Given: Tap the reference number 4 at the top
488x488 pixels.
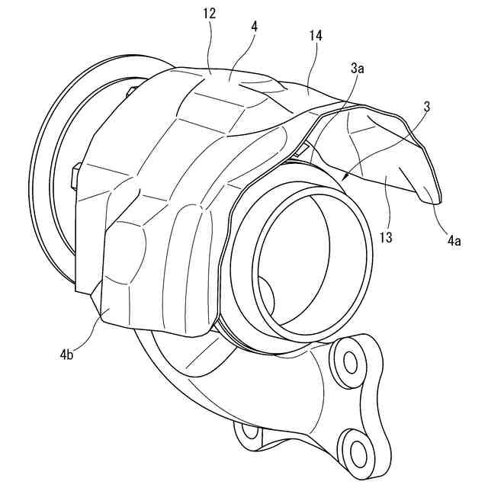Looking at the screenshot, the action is [x=253, y=26].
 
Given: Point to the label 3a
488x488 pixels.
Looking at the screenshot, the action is [x=357, y=69].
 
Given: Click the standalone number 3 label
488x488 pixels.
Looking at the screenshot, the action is [x=426, y=107].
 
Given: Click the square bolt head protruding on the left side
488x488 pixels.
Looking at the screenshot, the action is [x=75, y=176].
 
